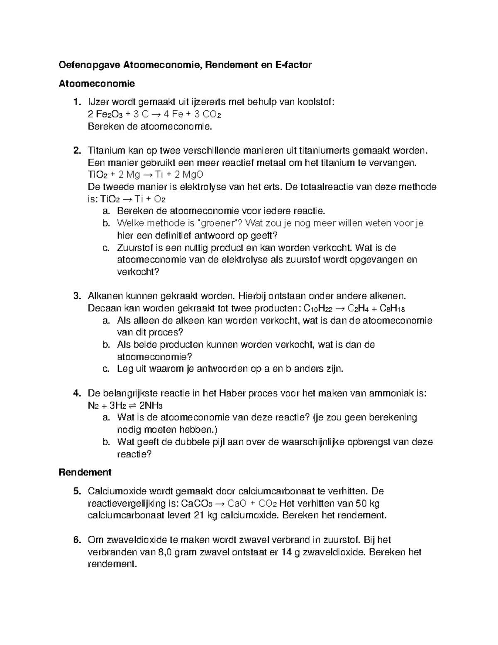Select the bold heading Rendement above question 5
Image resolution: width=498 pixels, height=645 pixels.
[85, 472]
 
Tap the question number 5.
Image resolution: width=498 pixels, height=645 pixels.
[76, 491]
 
